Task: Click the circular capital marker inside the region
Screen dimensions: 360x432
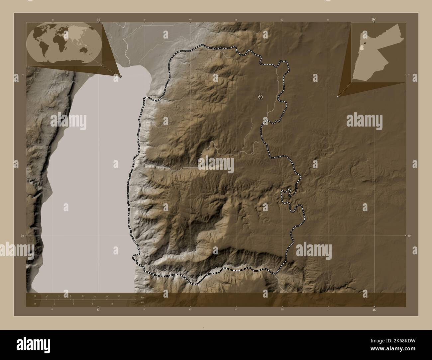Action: click(x=261, y=97)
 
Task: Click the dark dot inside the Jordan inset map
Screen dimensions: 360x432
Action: click(x=365, y=43)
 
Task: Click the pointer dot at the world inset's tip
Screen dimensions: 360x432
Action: click(x=120, y=76)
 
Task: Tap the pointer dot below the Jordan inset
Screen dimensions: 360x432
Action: click(x=338, y=97)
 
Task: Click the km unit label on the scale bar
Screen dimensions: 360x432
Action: click(x=142, y=297)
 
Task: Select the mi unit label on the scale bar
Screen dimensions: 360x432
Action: click(x=142, y=303)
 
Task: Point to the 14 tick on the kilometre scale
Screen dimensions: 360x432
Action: click(x=119, y=296)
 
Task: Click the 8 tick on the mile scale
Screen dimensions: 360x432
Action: click(x=112, y=304)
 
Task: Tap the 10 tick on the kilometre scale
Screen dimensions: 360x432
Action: click(x=95, y=296)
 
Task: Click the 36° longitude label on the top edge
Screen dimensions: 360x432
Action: click(x=374, y=20)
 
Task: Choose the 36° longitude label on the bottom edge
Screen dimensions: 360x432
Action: click(x=374, y=310)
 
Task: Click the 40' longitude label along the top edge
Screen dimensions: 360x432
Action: click(x=190, y=20)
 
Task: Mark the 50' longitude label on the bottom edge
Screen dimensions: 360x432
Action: click(x=282, y=310)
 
